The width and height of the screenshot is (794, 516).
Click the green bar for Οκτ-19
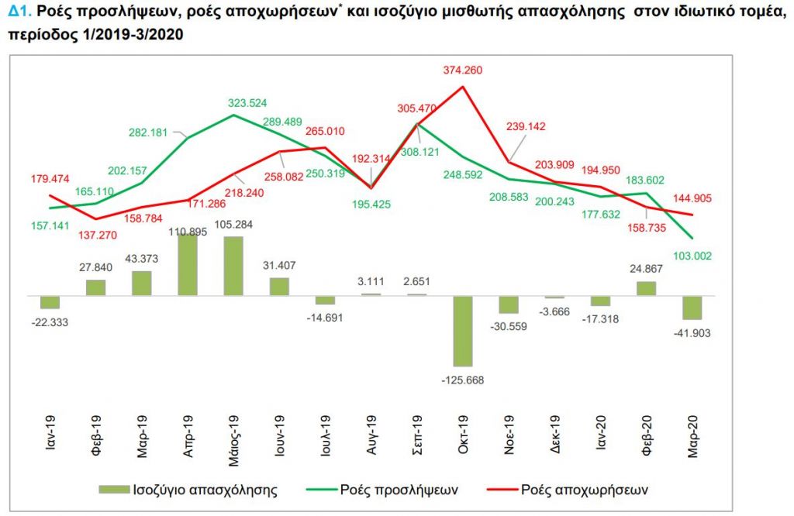(464, 330)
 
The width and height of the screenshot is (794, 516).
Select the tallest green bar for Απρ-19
(188, 264)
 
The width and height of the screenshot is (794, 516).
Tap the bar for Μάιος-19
(233, 266)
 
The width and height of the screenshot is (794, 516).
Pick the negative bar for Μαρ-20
(692, 308)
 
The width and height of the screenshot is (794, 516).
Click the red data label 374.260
(464, 71)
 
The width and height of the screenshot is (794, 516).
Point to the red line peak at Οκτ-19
(464, 86)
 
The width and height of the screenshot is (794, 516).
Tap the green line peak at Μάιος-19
(234, 115)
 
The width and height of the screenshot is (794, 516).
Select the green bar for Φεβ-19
(96, 287)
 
